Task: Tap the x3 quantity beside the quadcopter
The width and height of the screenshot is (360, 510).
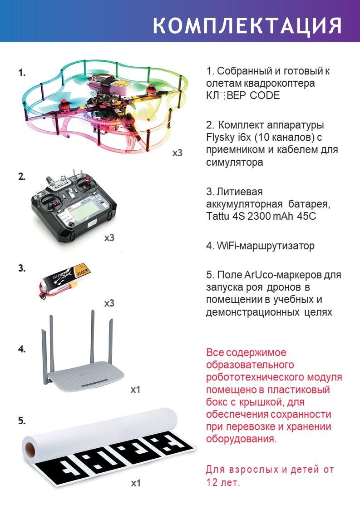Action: pos(177,153)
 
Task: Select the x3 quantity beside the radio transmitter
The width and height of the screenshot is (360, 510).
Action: pos(109,238)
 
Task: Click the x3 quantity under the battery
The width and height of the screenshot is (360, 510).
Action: pos(109,303)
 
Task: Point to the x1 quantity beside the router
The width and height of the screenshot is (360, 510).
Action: pos(135,389)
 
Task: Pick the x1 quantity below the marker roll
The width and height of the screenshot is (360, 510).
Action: pos(136,483)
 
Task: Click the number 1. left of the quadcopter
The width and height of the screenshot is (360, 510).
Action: pos(22,73)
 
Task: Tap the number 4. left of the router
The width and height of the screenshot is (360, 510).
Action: pos(22,349)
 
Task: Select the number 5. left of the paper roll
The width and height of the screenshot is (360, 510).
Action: pos(22,421)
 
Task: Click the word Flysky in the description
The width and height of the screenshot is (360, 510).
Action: pos(220,138)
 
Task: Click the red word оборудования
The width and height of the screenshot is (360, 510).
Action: pos(242,439)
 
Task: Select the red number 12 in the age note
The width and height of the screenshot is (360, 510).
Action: pos(212,482)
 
